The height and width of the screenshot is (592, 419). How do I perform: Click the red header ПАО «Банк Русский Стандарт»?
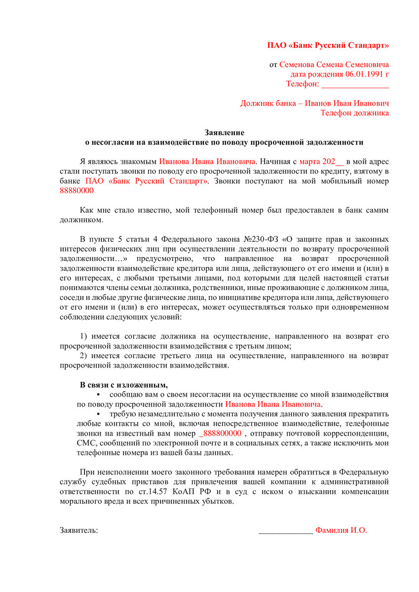(328, 45)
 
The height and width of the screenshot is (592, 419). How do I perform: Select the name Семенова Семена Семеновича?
(334, 65)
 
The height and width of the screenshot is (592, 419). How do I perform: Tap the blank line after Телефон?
(355, 84)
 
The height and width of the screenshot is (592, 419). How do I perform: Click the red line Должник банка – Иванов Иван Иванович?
(314, 104)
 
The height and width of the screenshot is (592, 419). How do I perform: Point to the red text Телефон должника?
(354, 113)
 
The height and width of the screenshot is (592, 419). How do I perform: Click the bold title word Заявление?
(225, 133)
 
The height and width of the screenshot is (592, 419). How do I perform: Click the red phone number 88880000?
(76, 190)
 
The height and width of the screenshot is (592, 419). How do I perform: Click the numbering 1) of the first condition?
(84, 336)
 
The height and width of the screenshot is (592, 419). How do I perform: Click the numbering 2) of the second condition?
(84, 356)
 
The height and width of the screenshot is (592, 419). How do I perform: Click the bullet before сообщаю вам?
(98, 395)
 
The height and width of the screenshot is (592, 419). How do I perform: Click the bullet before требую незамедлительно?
(98, 414)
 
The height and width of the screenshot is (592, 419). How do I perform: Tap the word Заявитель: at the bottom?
(79, 530)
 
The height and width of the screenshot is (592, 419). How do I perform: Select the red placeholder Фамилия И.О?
(341, 530)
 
